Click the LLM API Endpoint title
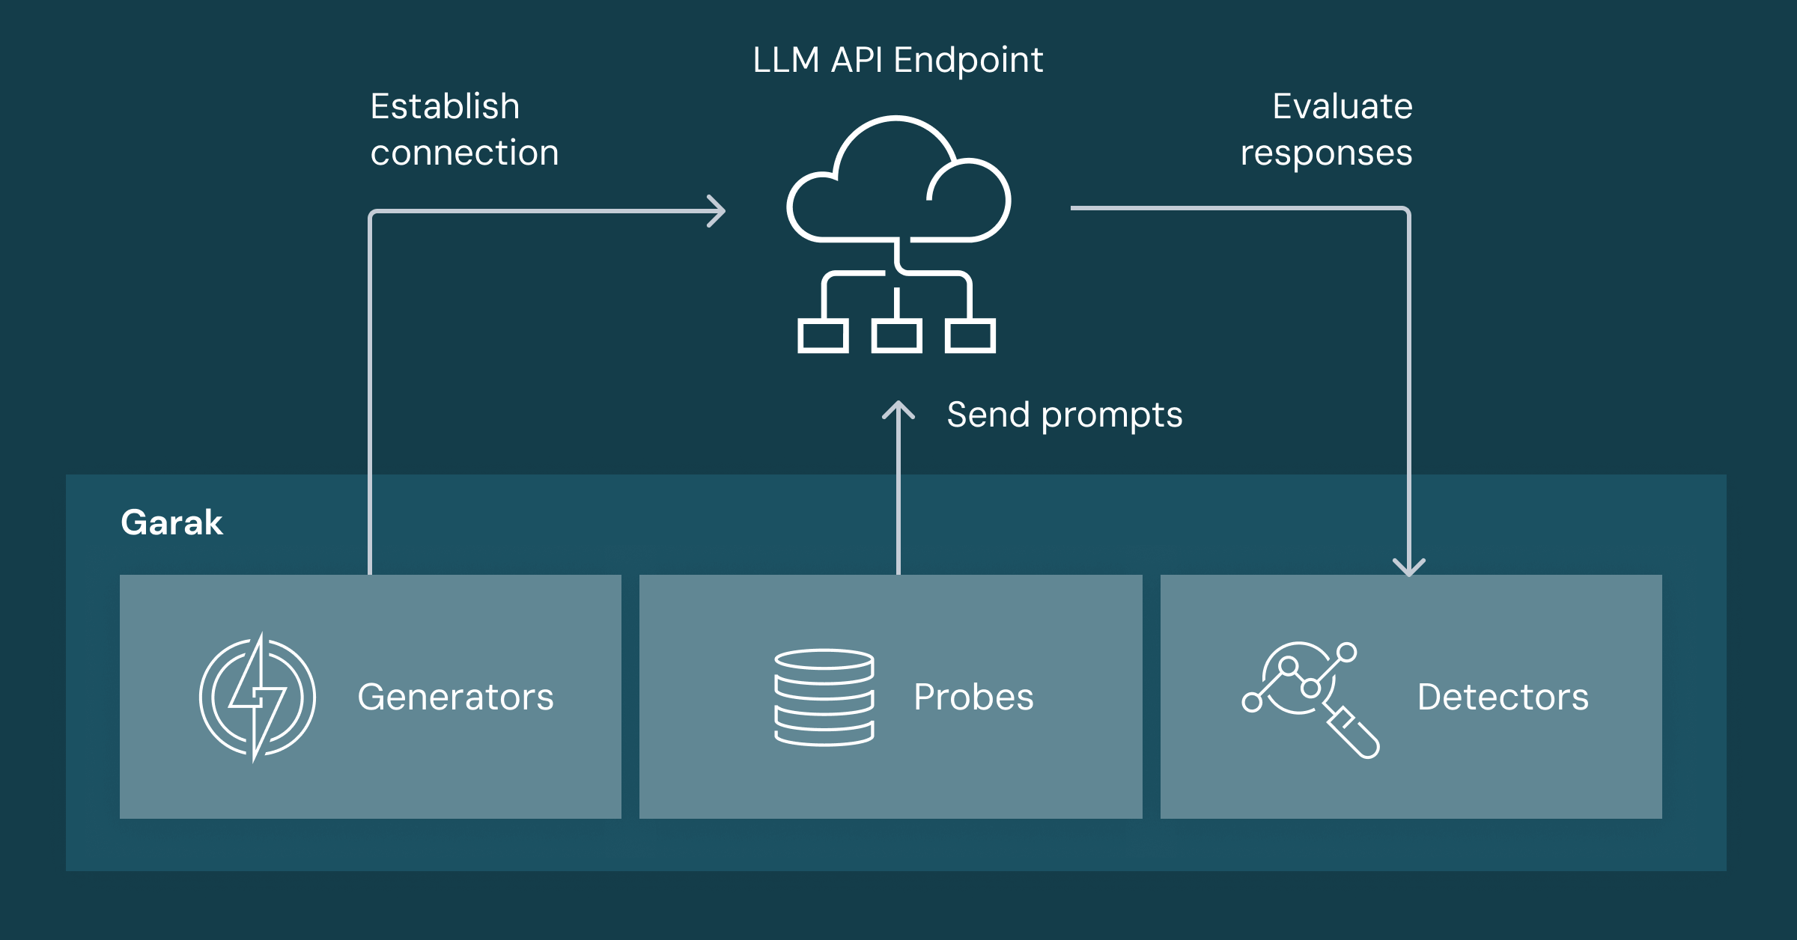[897, 60]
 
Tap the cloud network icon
[897, 232]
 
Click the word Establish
[445, 106]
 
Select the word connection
[464, 153]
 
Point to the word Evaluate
[1342, 106]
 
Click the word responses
[1326, 153]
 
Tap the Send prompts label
[1064, 415]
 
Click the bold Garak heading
[171, 522]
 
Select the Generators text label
[455, 697]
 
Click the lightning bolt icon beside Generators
[257, 697]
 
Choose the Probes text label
[973, 697]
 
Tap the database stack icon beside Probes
[824, 697]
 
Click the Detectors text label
[1503, 697]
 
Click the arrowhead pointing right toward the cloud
[717, 211]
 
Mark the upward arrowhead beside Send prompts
[898, 410]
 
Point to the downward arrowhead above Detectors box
[1408, 568]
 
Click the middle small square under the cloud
[896, 335]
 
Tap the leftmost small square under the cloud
[823, 335]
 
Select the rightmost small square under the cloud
[970, 335]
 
